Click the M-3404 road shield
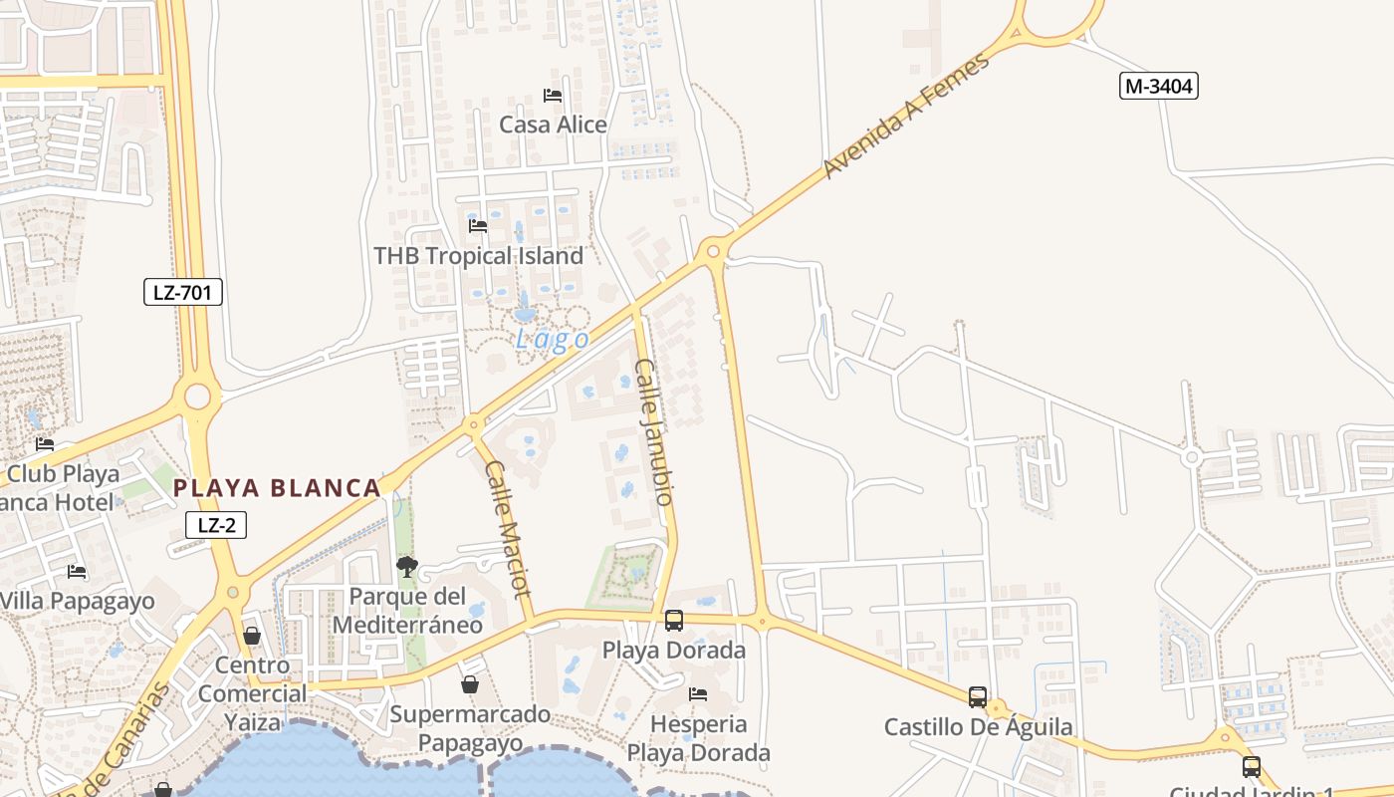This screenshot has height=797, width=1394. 1158,87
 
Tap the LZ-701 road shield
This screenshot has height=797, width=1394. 182,292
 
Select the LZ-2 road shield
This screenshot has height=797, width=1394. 216,525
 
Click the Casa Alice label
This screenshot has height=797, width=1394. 553,125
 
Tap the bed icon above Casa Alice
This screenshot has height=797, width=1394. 553,96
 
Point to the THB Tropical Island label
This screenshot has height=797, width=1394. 478,256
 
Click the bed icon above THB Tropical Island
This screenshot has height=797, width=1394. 478,226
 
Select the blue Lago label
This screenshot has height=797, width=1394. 552,340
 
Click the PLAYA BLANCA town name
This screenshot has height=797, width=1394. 277,488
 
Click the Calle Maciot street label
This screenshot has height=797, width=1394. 508,527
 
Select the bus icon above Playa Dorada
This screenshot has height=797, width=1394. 674,621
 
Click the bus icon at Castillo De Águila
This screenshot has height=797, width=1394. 978,697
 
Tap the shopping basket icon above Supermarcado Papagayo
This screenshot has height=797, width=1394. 470,684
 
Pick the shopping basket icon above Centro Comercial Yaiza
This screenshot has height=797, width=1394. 252,636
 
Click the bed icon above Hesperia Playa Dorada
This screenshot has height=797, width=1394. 698,693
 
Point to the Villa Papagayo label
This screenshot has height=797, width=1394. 77,602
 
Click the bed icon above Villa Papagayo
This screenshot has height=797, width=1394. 77,572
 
